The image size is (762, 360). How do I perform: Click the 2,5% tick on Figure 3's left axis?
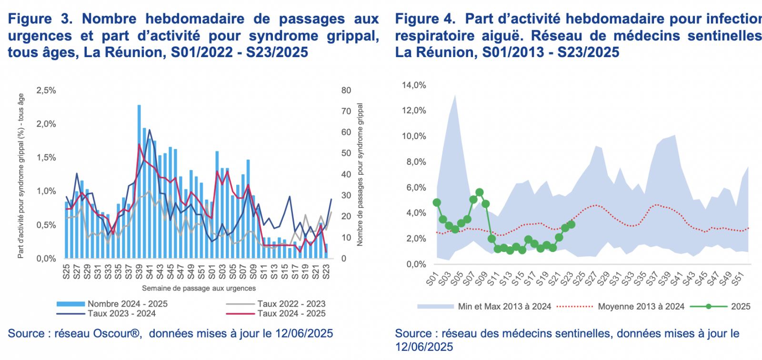(46, 90)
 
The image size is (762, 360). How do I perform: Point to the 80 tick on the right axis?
(346, 90)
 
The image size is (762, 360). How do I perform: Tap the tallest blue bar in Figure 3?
(139, 181)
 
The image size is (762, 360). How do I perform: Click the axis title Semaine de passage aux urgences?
(199, 288)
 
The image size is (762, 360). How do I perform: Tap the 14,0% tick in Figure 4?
(414, 85)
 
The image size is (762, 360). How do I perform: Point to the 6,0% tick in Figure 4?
(416, 188)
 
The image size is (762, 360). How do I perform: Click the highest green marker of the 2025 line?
(480, 192)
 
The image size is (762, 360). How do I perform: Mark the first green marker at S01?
(437, 202)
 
